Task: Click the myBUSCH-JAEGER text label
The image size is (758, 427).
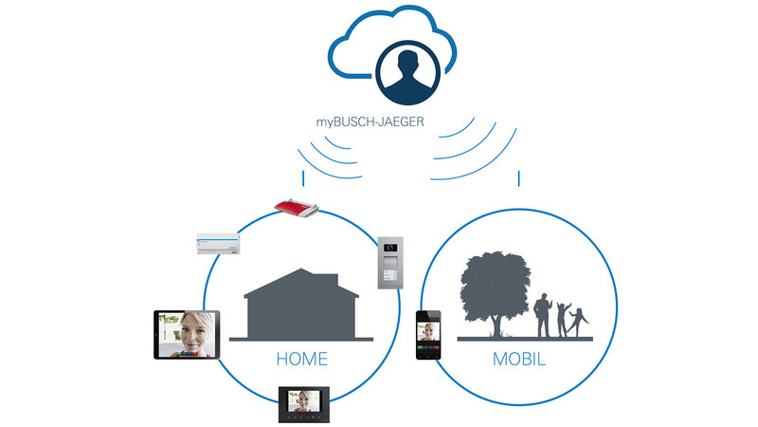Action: (x=370, y=122)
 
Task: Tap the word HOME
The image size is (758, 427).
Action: (x=301, y=359)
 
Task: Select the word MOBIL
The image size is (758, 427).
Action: (x=518, y=359)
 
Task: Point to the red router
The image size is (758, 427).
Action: (x=297, y=207)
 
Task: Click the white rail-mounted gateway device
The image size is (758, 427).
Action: (x=218, y=244)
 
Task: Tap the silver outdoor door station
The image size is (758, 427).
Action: (x=390, y=263)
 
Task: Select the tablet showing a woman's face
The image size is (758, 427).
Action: (x=187, y=335)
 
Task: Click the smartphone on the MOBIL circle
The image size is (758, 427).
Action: (x=428, y=335)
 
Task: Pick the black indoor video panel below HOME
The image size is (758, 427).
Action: (x=303, y=404)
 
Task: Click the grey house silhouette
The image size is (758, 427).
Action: (x=301, y=305)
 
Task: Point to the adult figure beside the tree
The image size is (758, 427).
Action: (x=542, y=315)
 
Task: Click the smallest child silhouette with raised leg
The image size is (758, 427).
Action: (x=578, y=322)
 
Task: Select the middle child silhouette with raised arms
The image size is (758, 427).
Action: (x=563, y=320)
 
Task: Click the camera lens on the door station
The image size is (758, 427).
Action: (x=390, y=248)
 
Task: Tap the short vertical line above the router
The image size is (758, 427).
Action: (x=303, y=178)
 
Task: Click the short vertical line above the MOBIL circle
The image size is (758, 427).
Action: (x=518, y=178)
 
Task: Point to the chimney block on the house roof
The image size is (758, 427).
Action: (x=328, y=279)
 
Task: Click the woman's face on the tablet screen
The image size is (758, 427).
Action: (x=196, y=332)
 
